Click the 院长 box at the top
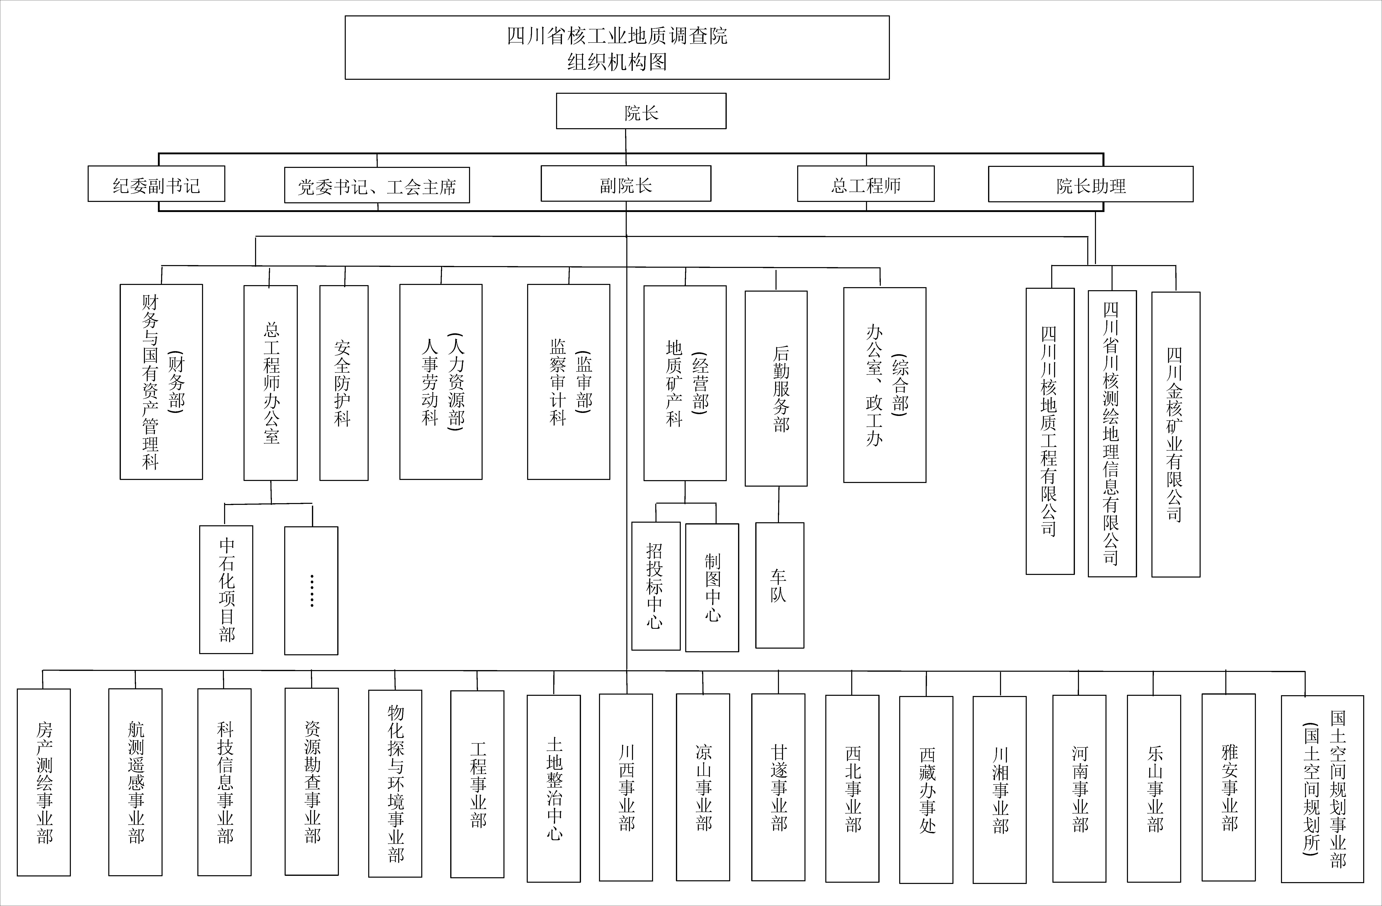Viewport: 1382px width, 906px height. [x=641, y=111]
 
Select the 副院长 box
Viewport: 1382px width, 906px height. [x=626, y=183]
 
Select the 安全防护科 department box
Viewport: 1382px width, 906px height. [x=344, y=383]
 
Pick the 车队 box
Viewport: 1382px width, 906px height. [x=780, y=585]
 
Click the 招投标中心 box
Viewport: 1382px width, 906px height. [x=656, y=586]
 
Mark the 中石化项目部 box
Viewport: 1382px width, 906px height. [x=226, y=589]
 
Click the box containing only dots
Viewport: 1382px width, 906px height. [x=311, y=591]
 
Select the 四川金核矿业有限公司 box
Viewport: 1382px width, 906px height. [x=1176, y=434]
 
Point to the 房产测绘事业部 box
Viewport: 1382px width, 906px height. [x=44, y=782]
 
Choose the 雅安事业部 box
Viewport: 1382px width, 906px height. [x=1229, y=788]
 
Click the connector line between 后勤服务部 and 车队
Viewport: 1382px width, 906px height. [x=779, y=505]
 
